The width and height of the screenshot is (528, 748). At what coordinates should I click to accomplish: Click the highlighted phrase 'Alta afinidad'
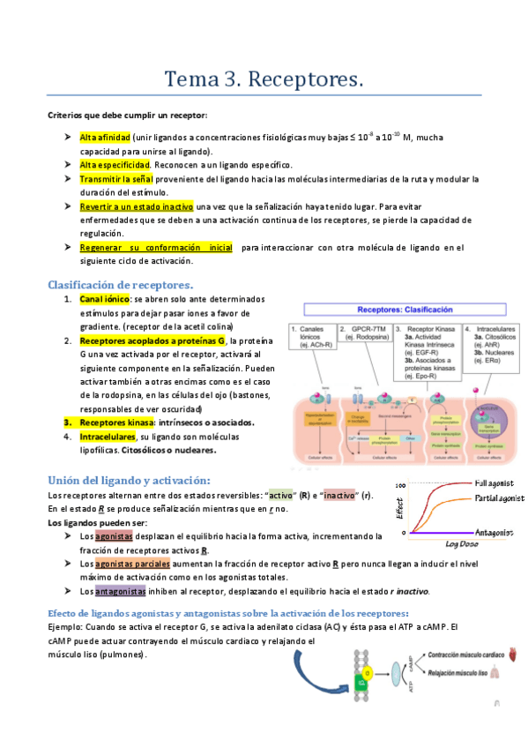(x=105, y=138)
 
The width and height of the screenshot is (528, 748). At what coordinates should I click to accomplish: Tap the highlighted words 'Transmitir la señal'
(x=116, y=179)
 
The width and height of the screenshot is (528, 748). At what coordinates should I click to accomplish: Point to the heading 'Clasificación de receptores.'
(x=120, y=284)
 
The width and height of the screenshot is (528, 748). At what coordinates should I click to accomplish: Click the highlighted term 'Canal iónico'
(x=105, y=299)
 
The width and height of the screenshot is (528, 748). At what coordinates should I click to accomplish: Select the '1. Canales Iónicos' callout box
(x=316, y=336)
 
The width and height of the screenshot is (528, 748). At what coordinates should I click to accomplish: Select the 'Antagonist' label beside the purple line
(x=498, y=533)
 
